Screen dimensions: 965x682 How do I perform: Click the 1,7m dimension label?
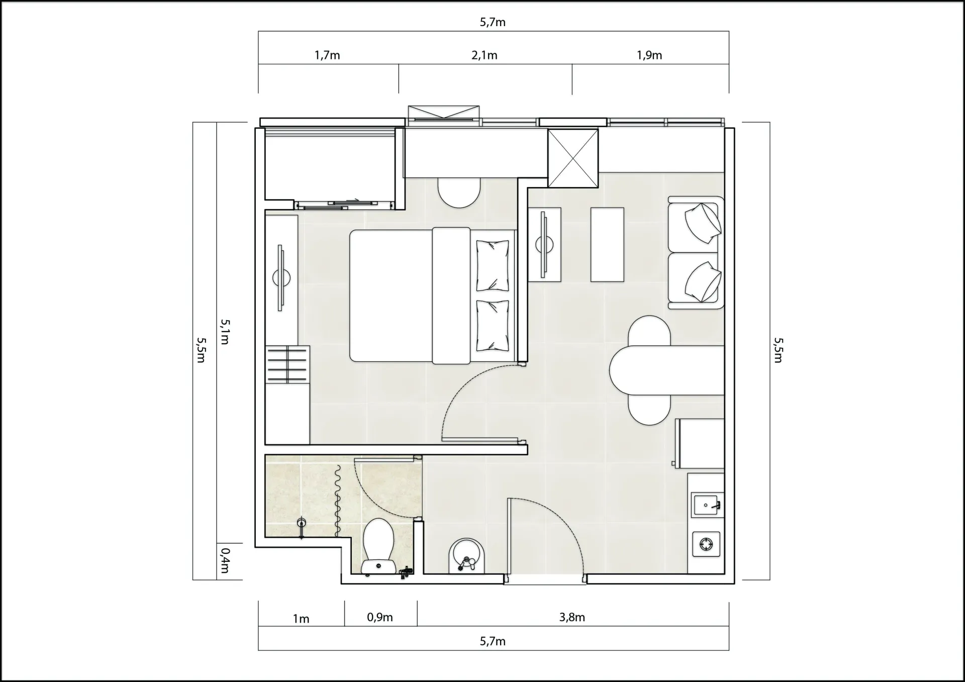pyautogui.click(x=327, y=55)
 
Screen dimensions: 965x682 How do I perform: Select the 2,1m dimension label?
pyautogui.click(x=485, y=55)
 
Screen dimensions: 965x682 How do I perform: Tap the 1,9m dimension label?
pyautogui.click(x=649, y=55)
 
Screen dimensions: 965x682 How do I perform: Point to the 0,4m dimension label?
pyautogui.click(x=225, y=560)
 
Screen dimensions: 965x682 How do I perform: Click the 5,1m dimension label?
pyautogui.click(x=225, y=332)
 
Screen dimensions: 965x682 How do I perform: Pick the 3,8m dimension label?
pyautogui.click(x=572, y=617)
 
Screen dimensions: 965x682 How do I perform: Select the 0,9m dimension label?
pyautogui.click(x=380, y=617)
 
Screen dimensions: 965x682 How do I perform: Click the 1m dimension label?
pyautogui.click(x=301, y=619)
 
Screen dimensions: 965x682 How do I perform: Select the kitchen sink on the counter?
pyautogui.click(x=707, y=505)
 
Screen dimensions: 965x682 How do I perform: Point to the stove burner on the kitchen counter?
pyautogui.click(x=706, y=544)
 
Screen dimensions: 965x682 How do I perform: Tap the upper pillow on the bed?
pyautogui.click(x=493, y=265)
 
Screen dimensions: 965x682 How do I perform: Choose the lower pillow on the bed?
pyautogui.click(x=493, y=325)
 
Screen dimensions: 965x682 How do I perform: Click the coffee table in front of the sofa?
pyautogui.click(x=607, y=244)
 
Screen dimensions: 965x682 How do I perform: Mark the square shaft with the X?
pyautogui.click(x=573, y=158)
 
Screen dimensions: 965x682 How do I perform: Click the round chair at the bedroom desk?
pyautogui.click(x=459, y=192)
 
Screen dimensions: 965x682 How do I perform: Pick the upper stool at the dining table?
pyautogui.click(x=649, y=331)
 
